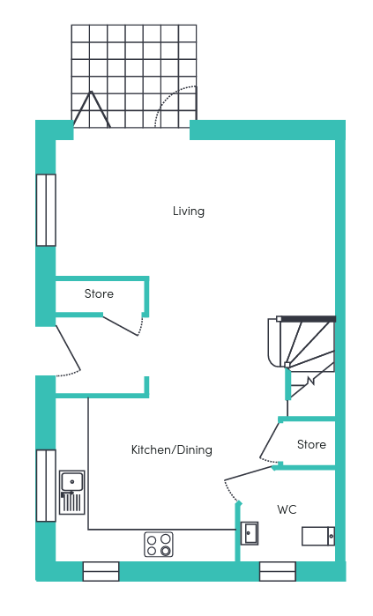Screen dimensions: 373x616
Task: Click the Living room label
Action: tap(189, 212)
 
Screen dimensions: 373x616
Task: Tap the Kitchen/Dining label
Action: tap(172, 449)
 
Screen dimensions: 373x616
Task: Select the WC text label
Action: tap(287, 509)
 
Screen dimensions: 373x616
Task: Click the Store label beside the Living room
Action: tap(99, 293)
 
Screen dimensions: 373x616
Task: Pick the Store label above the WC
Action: tap(311, 444)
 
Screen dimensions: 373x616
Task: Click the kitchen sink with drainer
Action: tap(72, 493)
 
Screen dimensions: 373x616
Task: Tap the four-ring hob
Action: tap(159, 545)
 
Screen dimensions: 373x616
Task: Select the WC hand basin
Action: tap(250, 533)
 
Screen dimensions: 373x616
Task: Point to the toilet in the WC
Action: tap(318, 537)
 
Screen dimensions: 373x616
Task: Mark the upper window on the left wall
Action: tap(46, 210)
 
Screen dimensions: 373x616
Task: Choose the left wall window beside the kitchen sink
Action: tap(46, 486)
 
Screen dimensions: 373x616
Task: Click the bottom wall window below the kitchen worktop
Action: tap(101, 571)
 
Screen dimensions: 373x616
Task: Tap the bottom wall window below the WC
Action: tap(278, 571)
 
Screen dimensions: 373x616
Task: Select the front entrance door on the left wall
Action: tap(69, 348)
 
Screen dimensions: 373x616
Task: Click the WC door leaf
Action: tap(249, 473)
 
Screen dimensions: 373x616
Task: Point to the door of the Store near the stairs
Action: tap(269, 440)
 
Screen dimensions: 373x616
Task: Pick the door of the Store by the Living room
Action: tap(120, 325)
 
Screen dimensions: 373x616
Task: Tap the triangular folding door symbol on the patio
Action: tap(92, 109)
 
